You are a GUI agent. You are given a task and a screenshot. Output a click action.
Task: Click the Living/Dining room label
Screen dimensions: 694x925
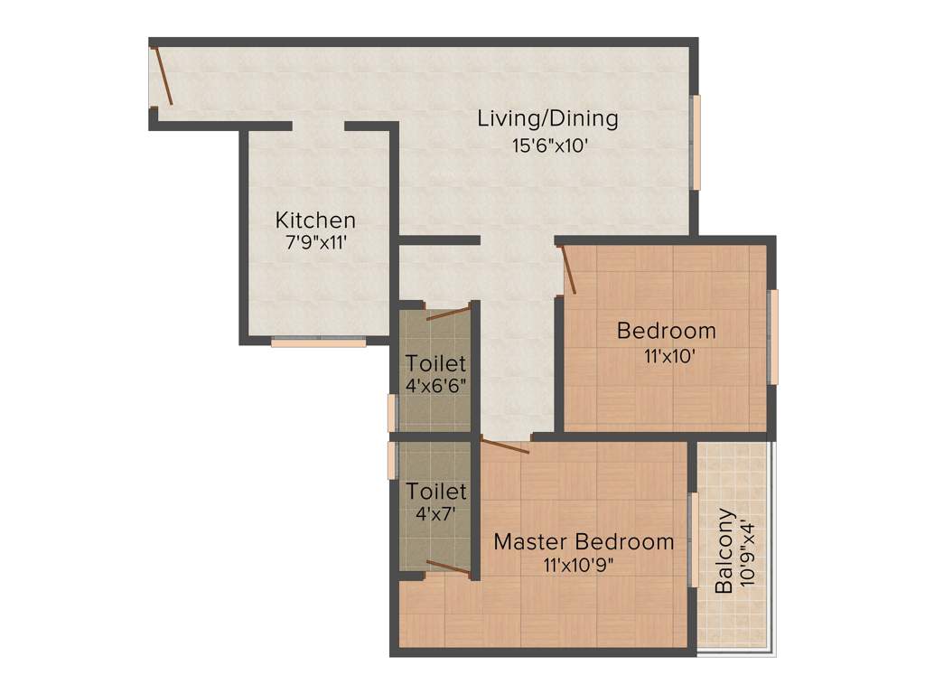point(547,118)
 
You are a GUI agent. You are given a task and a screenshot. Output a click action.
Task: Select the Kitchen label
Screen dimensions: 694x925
point(315,220)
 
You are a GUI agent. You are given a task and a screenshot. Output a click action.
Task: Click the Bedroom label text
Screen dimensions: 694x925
point(666,331)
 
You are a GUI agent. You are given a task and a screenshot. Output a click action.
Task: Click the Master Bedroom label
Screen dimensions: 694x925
point(584,542)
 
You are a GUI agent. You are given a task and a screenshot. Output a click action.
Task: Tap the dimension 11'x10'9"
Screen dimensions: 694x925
point(584,566)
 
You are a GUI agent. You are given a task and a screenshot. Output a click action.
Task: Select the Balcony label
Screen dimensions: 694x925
point(724,550)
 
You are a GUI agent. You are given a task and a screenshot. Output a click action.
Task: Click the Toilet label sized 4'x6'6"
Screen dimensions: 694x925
point(436,363)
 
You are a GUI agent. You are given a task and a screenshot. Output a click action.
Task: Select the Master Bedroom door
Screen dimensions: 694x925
point(504,445)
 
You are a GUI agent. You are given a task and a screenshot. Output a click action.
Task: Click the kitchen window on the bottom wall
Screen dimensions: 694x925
point(318,342)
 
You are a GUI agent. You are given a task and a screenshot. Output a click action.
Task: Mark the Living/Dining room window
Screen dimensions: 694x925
point(696,142)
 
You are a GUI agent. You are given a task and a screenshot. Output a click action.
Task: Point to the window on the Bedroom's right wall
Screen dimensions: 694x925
point(773,336)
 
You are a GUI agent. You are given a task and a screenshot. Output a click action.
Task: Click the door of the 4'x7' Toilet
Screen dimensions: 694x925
point(448,567)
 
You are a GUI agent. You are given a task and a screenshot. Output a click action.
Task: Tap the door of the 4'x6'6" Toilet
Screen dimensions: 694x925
point(448,314)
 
